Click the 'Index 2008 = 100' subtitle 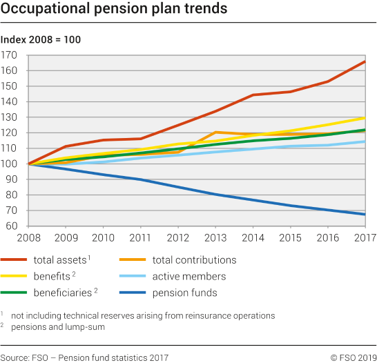[41, 40]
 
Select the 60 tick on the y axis [12, 226]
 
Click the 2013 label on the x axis [215, 238]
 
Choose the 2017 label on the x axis [365, 238]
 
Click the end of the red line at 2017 [365, 61]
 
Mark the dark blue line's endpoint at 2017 [365, 214]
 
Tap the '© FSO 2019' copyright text [354, 357]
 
